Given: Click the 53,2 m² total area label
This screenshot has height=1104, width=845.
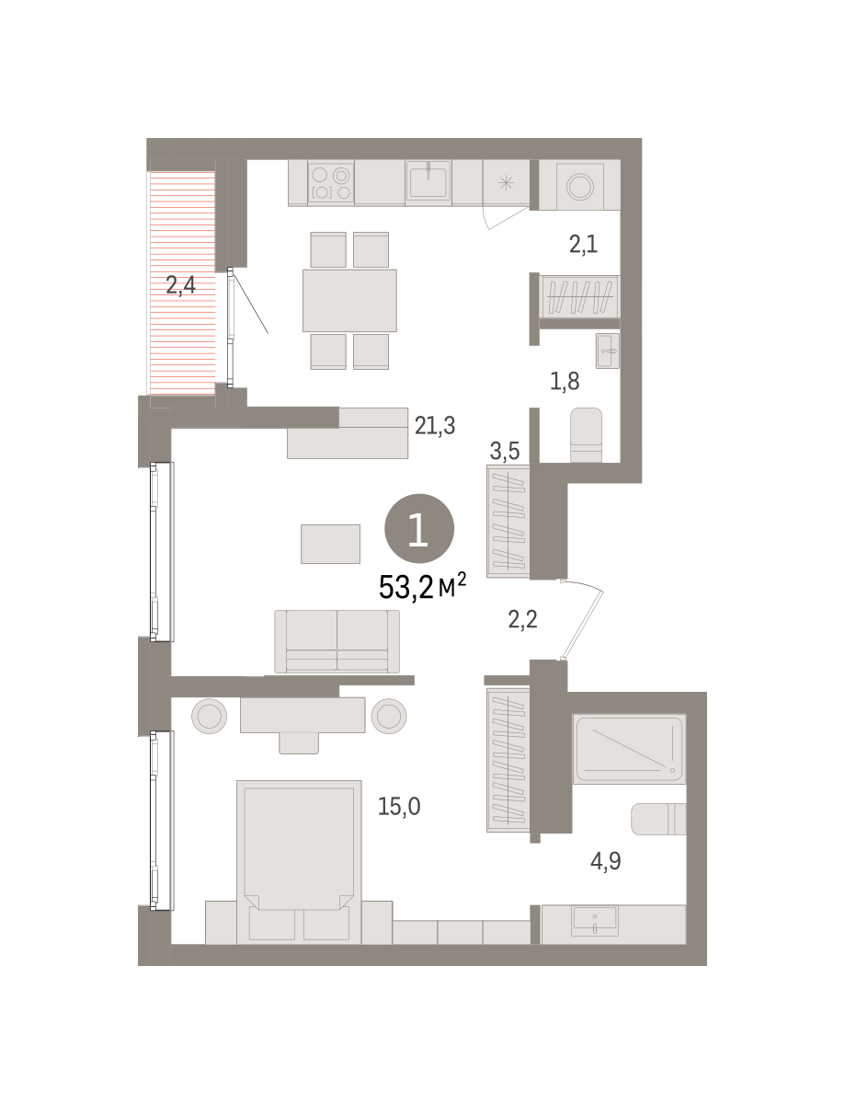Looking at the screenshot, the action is (x=422, y=587).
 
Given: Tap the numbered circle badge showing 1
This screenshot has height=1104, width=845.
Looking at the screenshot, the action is (x=419, y=528).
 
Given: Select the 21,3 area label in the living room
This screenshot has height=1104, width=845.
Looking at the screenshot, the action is (x=434, y=426).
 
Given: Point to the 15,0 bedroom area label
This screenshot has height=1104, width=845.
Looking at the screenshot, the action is (x=399, y=806).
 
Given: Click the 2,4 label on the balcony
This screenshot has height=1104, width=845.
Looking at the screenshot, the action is (x=180, y=285).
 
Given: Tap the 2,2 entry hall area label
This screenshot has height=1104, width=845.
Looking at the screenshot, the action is (x=523, y=619).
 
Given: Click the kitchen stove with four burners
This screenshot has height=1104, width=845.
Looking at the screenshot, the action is (x=331, y=183).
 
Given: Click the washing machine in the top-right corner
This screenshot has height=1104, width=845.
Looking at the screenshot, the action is (x=580, y=186).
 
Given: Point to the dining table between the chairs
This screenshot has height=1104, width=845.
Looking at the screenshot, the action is (x=349, y=300).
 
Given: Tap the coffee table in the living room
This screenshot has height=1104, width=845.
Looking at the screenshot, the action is (x=330, y=544).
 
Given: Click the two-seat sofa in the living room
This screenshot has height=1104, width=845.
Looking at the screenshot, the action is (x=337, y=641).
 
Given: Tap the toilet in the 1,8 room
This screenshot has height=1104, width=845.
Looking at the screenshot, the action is (x=587, y=435).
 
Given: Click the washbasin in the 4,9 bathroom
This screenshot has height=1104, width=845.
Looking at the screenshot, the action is (x=594, y=921).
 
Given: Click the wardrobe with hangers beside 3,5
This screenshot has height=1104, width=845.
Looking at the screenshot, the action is (x=508, y=522).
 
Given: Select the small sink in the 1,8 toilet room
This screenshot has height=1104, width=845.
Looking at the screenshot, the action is (x=608, y=351).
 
